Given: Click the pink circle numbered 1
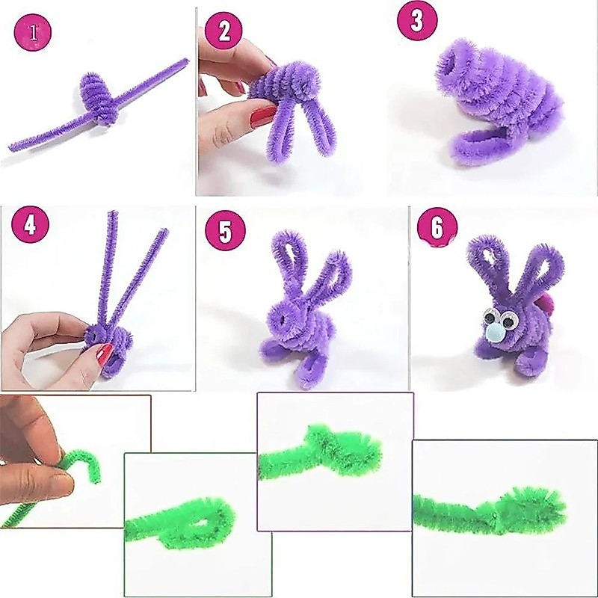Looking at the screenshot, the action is pyautogui.click(x=33, y=31).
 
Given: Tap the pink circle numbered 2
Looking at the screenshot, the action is pyautogui.click(x=224, y=31).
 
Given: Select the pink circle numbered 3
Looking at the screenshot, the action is pyautogui.click(x=417, y=21).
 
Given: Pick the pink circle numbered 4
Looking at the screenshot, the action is pyautogui.click(x=30, y=224).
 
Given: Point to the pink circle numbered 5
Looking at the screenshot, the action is pyautogui.click(x=225, y=230).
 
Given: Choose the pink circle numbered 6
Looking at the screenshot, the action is pyautogui.click(x=437, y=228).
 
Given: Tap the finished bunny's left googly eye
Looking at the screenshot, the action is pyautogui.click(x=490, y=317).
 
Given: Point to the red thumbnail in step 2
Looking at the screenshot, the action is pyautogui.click(x=263, y=116).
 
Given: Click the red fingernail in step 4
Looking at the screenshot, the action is pyautogui.click(x=105, y=353).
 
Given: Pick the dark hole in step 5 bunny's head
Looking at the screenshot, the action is pyautogui.click(x=283, y=319).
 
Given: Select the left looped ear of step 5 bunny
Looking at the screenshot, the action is pyautogui.click(x=289, y=259).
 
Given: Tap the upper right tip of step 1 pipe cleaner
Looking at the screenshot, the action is pyautogui.click(x=186, y=61).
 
